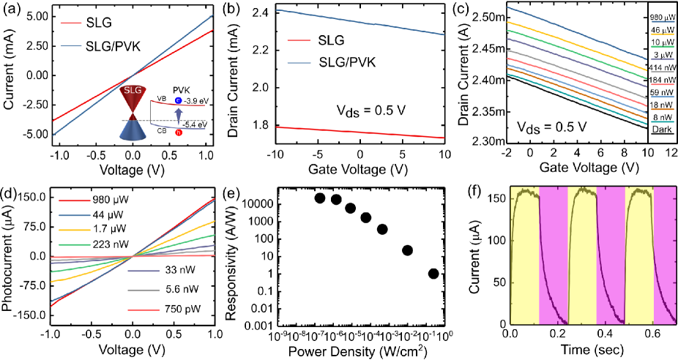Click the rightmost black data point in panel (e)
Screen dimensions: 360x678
tap(433, 274)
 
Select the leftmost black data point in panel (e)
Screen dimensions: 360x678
tap(319, 198)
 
